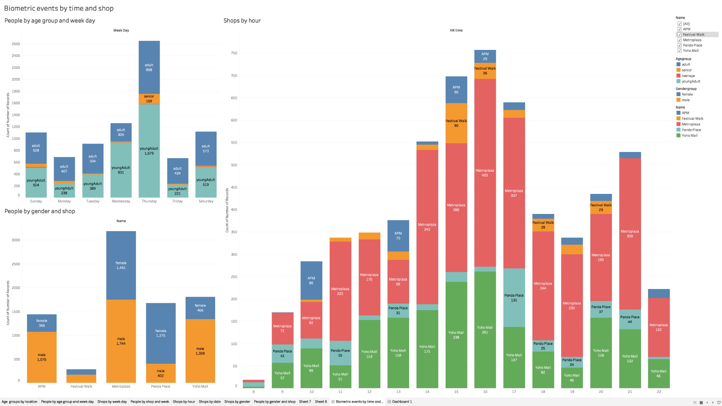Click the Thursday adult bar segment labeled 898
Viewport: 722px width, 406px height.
[x=149, y=67]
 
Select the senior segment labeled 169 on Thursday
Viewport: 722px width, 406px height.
[x=149, y=99]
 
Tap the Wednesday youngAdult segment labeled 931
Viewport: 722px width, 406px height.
[x=121, y=170]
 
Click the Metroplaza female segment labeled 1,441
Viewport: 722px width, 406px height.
[x=121, y=265]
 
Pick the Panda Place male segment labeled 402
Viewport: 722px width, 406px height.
[x=160, y=373]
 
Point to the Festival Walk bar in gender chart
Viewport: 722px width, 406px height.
[x=81, y=376]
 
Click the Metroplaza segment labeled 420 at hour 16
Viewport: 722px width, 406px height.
[x=485, y=173]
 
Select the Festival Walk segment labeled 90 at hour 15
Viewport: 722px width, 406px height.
[x=456, y=123]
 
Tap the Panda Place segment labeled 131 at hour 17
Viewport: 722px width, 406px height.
[x=514, y=298]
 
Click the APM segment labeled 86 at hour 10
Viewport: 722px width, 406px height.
[x=311, y=280]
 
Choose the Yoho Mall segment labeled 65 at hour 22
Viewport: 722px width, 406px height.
[x=659, y=374]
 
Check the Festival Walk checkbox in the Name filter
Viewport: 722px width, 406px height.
[x=679, y=35]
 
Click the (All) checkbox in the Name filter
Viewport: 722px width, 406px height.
[x=679, y=24]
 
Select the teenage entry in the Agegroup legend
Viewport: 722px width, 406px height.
[x=688, y=76]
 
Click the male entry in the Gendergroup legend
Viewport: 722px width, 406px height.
[x=686, y=100]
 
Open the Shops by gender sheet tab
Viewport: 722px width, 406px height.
[x=237, y=402]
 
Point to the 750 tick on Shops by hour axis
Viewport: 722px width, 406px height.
[x=234, y=53]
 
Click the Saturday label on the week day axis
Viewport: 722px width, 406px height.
[x=206, y=201]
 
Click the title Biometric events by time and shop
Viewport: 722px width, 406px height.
[x=59, y=8]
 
